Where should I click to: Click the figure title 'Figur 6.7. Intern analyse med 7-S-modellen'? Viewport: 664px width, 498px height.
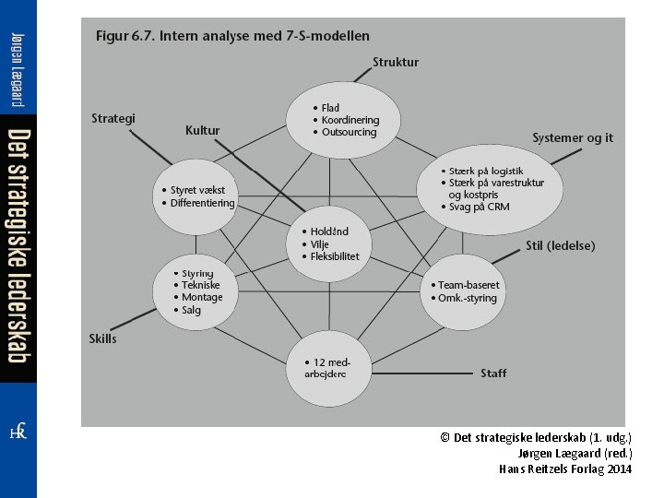tap(232, 36)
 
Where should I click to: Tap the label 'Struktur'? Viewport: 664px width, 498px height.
tap(395, 63)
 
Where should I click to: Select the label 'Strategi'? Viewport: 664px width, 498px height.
tap(113, 118)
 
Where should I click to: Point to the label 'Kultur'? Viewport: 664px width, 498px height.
tap(202, 131)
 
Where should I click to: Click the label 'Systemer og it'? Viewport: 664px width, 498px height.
tap(572, 137)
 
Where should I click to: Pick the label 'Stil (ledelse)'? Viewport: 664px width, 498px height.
tap(560, 246)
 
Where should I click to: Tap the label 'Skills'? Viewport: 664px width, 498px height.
tap(102, 339)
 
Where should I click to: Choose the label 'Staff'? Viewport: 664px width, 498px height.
tap(492, 373)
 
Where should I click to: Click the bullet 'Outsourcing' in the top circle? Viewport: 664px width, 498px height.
tap(350, 132)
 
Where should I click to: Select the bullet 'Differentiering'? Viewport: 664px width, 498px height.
tap(203, 203)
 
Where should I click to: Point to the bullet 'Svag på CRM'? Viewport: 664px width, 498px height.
tap(478, 207)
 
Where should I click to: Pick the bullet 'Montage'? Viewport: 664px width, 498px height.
tap(202, 298)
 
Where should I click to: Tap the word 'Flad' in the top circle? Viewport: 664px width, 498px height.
tap(330, 109)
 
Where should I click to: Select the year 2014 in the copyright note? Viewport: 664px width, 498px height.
tap(619, 468)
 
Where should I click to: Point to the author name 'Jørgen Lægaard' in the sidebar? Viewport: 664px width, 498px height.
tap(18, 58)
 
